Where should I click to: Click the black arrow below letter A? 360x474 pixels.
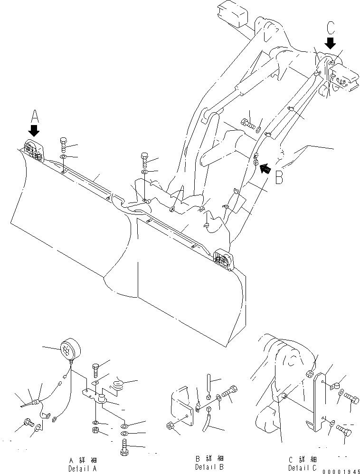pos(34,130)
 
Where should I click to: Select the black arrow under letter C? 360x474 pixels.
pos(331,44)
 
